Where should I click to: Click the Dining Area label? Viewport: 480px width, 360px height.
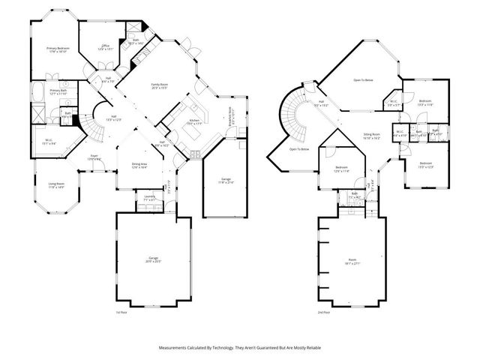(139, 166)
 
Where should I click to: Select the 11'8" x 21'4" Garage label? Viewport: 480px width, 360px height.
(226, 181)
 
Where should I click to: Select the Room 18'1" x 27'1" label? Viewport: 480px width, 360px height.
(349, 262)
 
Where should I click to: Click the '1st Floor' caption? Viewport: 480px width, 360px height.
(121, 312)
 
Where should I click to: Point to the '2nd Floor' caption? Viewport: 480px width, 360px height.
(324, 312)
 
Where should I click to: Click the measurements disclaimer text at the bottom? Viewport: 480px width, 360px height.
(240, 348)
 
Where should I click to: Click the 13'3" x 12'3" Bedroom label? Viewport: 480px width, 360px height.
(426, 164)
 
